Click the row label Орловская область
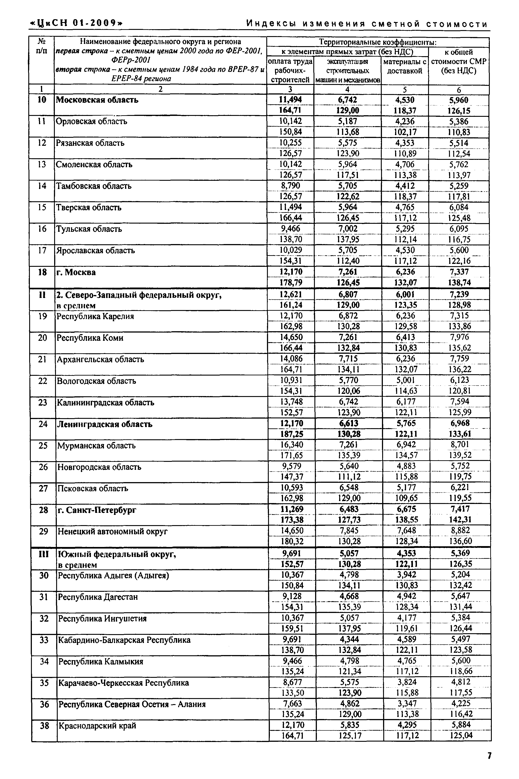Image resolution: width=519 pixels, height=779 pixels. pos(91,121)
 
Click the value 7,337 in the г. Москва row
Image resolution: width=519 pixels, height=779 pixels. pos(459,272)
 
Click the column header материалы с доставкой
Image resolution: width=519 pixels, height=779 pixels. pos(404,66)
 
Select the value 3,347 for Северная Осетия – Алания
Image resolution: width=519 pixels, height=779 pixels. pos(407,703)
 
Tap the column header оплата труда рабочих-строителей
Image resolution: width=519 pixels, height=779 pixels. pos(290,70)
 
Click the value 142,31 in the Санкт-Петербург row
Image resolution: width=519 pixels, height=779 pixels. pos(460,520)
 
